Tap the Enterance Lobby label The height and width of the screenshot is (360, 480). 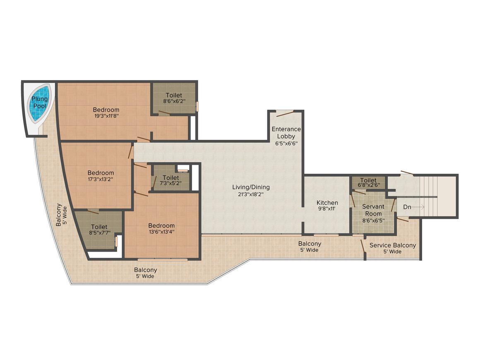coord(286,132)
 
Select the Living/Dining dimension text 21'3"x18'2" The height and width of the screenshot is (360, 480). coord(251,194)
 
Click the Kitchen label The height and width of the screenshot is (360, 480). coord(327,203)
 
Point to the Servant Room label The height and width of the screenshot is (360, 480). coord(373,210)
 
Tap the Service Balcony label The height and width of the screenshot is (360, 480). coord(392,245)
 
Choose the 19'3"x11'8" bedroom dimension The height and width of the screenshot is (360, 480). coord(106,116)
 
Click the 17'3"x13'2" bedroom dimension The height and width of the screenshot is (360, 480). coord(101,179)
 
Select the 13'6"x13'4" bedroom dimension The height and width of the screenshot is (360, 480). coord(161,232)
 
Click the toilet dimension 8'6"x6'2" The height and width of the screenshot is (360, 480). coord(174,101)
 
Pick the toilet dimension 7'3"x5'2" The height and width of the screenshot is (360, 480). coord(170,184)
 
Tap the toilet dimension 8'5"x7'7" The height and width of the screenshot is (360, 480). coord(99,233)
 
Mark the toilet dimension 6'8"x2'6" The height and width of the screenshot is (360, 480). coord(369,185)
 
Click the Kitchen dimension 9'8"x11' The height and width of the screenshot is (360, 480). coord(327,209)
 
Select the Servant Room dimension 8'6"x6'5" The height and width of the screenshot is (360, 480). coord(374,220)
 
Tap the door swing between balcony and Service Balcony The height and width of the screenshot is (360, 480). coord(363,246)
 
